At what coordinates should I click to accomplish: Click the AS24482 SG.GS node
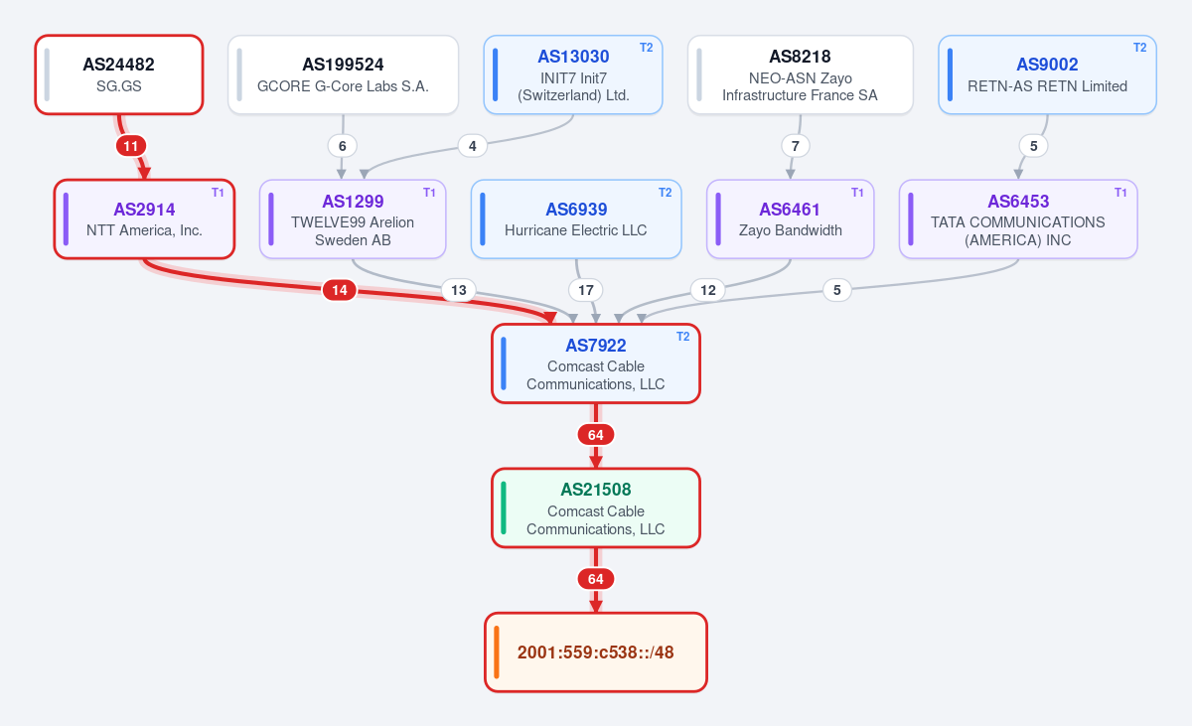tap(119, 74)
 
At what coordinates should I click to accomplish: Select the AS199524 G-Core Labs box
tap(344, 74)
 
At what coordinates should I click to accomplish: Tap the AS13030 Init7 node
tap(573, 74)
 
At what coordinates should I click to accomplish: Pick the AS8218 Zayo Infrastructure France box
tap(801, 74)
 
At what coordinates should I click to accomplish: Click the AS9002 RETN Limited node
tap(1047, 74)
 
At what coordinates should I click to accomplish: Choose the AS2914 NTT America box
tap(144, 219)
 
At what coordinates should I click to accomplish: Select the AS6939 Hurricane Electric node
tap(576, 219)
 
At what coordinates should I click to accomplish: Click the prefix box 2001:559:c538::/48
tap(596, 653)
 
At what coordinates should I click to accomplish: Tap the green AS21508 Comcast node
tap(596, 508)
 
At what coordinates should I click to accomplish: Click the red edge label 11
tap(131, 146)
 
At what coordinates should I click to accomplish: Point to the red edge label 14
tap(340, 290)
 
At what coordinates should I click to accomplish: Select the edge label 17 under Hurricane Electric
tap(586, 290)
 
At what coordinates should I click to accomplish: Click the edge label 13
tap(459, 290)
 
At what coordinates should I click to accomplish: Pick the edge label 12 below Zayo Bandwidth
tap(707, 290)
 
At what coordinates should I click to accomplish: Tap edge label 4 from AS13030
tap(473, 146)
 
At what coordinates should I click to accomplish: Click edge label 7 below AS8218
tap(796, 146)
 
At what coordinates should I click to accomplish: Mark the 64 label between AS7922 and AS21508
tap(596, 435)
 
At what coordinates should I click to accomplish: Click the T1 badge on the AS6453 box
tap(1120, 193)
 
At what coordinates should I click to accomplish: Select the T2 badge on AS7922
tap(683, 337)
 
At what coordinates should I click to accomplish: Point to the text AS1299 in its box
tap(353, 202)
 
